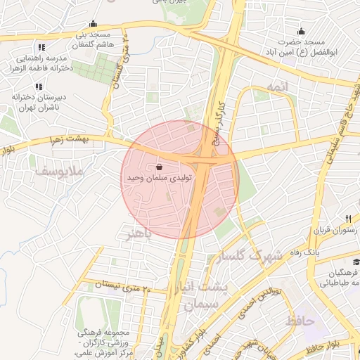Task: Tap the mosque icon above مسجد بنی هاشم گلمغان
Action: pos(93,23)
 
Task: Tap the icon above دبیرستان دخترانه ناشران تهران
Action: pos(37,86)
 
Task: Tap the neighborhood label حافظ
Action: pos(300,321)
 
